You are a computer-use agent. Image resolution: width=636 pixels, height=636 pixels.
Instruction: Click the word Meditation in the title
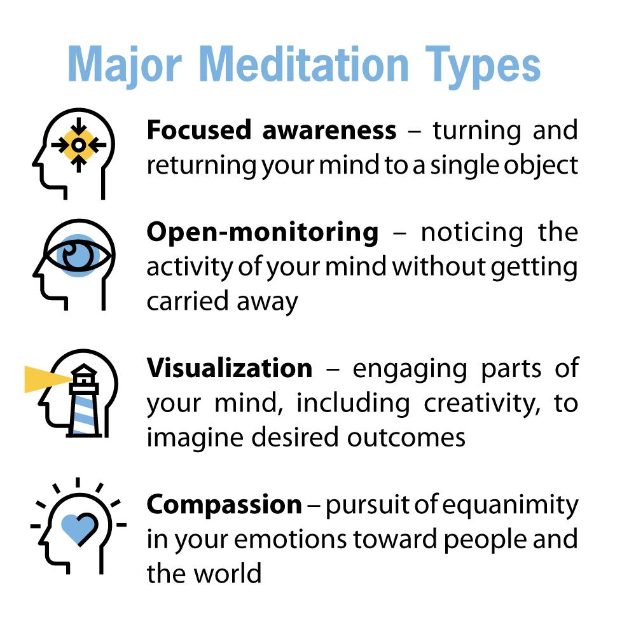click(304, 64)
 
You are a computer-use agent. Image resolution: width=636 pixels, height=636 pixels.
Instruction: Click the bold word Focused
click(198, 130)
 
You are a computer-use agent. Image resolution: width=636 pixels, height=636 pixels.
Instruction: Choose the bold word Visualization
click(230, 368)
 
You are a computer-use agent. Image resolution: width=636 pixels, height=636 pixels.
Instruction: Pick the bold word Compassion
click(225, 506)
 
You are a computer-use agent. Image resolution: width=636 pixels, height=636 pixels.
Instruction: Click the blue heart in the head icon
click(79, 528)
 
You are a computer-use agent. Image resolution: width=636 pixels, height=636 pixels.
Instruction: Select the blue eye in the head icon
click(78, 256)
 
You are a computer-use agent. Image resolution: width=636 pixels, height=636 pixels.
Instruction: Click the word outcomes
click(406, 438)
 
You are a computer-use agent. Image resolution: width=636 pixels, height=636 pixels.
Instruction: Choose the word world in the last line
click(227, 574)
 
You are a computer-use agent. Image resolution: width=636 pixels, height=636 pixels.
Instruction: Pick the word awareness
click(329, 131)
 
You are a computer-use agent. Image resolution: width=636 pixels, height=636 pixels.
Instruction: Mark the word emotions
click(290, 540)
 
